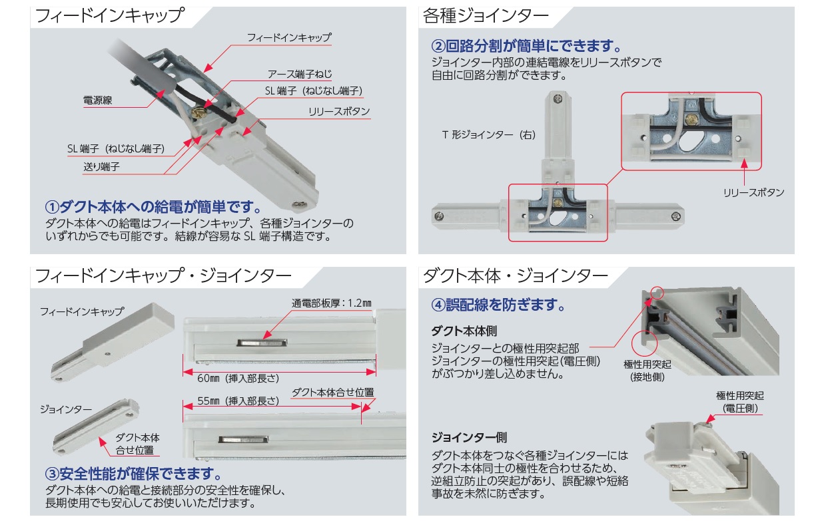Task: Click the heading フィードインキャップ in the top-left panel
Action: coord(109,17)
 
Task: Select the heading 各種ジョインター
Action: coord(486,17)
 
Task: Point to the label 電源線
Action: coord(97,100)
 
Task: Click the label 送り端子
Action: coord(101,167)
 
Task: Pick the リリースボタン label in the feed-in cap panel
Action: coord(338,112)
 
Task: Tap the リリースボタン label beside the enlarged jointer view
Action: coord(753,192)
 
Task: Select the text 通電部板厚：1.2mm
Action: coord(331,303)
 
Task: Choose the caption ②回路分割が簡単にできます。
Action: coord(527,47)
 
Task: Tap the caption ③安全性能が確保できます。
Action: coord(133,474)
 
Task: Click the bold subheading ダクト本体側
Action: coord(464,331)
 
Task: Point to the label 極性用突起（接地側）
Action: coord(647,371)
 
